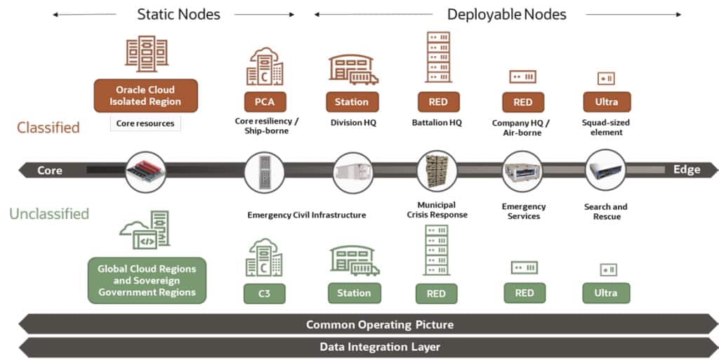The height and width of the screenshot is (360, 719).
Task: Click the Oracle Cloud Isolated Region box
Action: click(x=146, y=95)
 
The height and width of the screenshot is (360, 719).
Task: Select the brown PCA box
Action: click(x=265, y=102)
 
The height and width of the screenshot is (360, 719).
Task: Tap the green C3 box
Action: click(x=265, y=293)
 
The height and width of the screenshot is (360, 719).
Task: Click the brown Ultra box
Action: click(x=607, y=102)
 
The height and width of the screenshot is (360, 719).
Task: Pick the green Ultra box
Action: click(x=606, y=293)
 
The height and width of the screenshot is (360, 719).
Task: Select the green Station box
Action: click(x=354, y=293)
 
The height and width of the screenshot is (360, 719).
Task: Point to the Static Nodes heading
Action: click(x=178, y=14)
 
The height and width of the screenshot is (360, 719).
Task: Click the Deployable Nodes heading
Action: click(x=506, y=14)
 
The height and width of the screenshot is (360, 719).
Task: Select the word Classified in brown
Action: click(x=48, y=128)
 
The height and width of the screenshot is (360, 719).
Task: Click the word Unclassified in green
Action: click(x=48, y=214)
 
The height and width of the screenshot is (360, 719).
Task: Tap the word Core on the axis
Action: click(x=49, y=171)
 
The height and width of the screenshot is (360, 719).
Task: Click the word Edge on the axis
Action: click(x=686, y=170)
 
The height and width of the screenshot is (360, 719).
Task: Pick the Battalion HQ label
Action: click(x=437, y=122)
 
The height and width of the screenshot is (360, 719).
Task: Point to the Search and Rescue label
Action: click(x=605, y=211)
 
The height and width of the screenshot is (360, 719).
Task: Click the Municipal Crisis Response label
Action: click(x=437, y=210)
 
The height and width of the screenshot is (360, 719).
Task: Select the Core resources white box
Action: click(x=145, y=124)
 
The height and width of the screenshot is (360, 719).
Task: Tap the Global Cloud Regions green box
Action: click(x=147, y=281)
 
